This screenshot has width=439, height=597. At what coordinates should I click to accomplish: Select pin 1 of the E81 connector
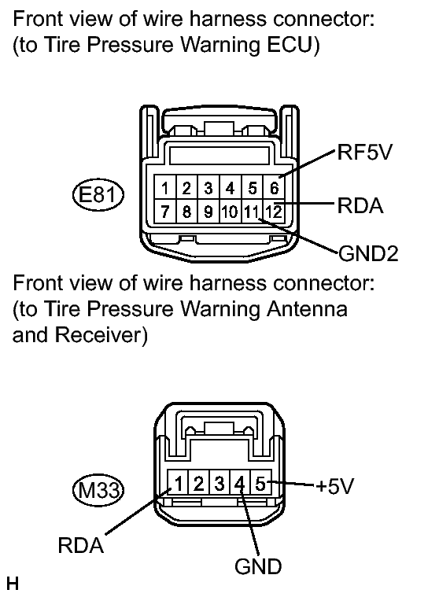(165, 188)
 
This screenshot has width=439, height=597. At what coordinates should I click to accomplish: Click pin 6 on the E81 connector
(274, 188)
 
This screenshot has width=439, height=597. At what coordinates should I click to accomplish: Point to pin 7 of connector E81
(165, 212)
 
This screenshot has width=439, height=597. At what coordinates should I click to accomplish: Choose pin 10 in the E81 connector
(230, 212)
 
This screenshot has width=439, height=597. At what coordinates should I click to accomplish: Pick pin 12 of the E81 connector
(274, 212)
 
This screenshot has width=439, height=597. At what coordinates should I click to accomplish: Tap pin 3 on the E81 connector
(208, 188)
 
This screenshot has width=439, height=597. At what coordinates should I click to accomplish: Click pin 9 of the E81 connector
(208, 212)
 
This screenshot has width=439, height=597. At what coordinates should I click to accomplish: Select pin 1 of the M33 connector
(178, 484)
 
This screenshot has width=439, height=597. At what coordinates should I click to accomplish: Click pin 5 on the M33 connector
(260, 484)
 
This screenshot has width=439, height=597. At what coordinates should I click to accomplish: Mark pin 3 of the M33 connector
(219, 484)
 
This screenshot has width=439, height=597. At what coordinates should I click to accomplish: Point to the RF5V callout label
(365, 153)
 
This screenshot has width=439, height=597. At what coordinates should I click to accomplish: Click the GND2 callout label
(368, 253)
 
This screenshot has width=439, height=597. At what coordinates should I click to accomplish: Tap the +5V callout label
(334, 486)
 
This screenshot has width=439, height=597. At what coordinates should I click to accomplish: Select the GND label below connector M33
(258, 566)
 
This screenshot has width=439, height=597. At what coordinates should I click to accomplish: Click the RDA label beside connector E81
(360, 205)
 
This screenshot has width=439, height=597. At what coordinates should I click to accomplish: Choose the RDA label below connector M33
(81, 545)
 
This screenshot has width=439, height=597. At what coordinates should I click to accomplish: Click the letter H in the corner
(12, 584)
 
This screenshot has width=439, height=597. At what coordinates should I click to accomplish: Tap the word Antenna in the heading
(307, 309)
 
